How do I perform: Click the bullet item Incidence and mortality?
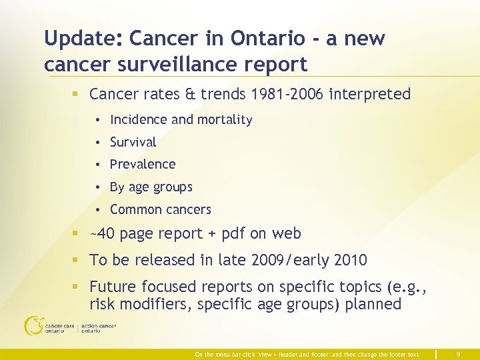181,120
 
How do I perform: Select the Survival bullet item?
133,142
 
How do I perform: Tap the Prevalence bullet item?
143,164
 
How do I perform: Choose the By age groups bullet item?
151,187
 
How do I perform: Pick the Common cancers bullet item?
160,209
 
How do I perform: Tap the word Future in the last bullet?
114,287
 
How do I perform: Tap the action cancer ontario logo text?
99,328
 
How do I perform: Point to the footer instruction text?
307,355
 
